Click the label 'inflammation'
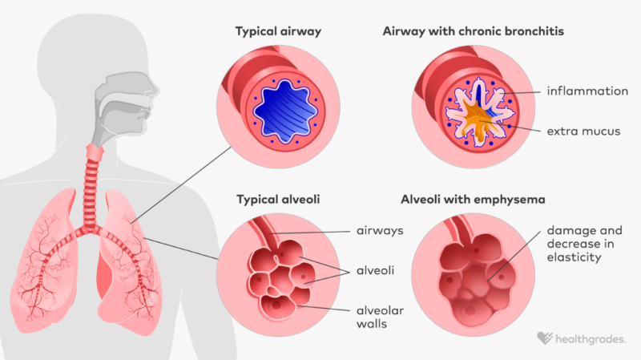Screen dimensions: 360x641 (587, 91)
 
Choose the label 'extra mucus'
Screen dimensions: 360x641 (584, 131)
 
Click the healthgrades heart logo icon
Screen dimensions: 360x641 (544, 339)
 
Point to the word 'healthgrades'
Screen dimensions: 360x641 (591, 339)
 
